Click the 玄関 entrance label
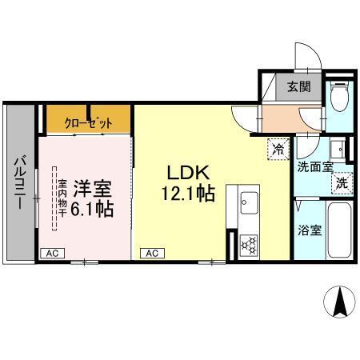click(300, 87)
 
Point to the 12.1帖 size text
click(190, 194)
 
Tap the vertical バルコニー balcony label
click(18, 182)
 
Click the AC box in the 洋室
click(52, 253)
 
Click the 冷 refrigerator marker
click(278, 148)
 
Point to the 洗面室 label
click(312, 167)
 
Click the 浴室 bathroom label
click(311, 230)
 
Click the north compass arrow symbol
click(338, 303)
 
